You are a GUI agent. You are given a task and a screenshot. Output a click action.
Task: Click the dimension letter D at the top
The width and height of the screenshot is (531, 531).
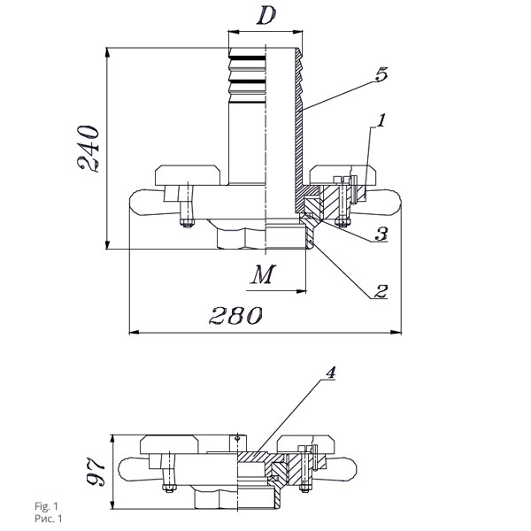(x=266, y=16)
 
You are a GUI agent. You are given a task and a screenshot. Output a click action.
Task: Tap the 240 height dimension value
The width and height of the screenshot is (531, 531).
(x=88, y=149)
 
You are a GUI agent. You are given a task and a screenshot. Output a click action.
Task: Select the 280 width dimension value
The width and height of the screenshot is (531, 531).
(x=235, y=315)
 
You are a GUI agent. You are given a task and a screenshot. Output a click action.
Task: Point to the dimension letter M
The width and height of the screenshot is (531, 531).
(x=263, y=274)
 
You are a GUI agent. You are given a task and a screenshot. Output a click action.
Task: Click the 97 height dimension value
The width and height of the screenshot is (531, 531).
(x=96, y=473)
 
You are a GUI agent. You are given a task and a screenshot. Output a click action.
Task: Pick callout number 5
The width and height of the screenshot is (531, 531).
(x=381, y=74)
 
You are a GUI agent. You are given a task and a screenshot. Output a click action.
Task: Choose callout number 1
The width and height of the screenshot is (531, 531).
(x=381, y=120)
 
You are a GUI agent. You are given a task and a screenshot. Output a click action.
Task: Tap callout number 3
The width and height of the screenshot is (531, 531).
(x=381, y=234)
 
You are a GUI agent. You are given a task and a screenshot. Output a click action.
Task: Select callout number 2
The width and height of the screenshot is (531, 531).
(x=381, y=291)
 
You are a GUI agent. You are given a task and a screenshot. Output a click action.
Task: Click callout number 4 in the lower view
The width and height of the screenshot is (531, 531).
(x=330, y=373)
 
